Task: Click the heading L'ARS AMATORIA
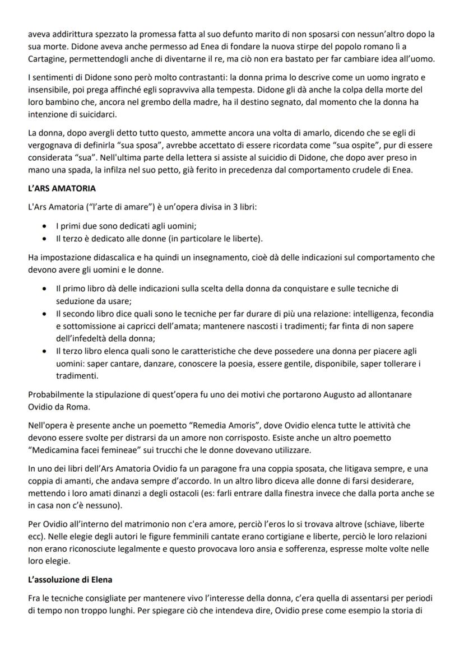click(x=62, y=189)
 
